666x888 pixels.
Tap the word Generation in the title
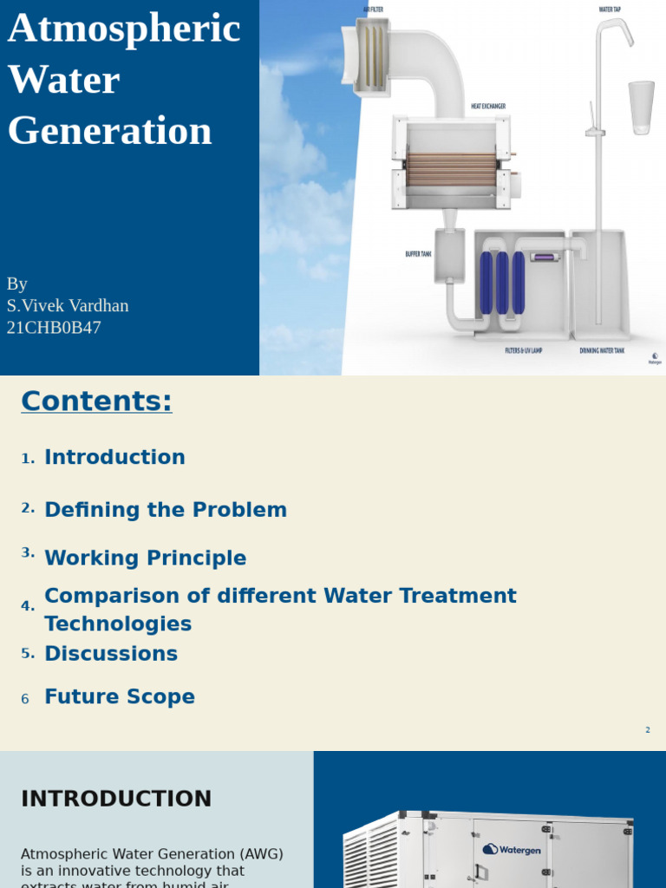coord(110,132)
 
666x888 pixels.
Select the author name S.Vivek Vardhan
coord(68,306)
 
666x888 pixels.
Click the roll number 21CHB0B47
coord(54,328)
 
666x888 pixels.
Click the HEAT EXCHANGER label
coord(487,107)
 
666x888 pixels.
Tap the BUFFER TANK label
coord(418,254)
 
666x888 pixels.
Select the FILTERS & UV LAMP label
coord(523,351)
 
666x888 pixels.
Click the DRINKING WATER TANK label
coord(602,351)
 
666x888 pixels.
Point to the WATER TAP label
coord(610,10)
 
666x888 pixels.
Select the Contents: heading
coord(96,402)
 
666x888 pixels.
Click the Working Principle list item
coord(146,558)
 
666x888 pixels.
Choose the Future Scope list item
coord(120,697)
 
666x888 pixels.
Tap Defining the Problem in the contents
coord(166,510)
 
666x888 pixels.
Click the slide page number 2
coord(647,730)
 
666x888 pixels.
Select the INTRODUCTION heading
coord(116,799)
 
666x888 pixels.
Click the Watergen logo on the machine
coord(513,850)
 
